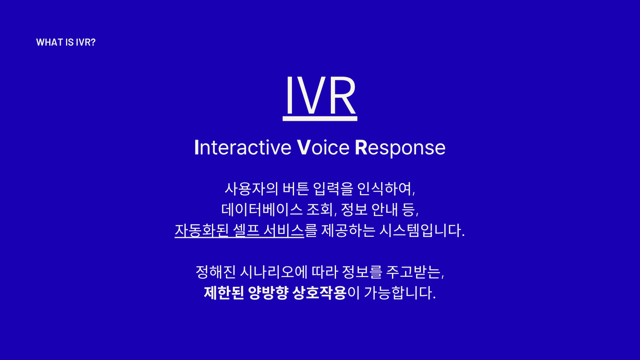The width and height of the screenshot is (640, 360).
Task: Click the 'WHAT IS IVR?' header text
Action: (x=66, y=42)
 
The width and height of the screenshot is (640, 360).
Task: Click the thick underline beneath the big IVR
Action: (x=320, y=118)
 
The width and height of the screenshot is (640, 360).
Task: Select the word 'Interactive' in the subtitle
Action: (x=243, y=148)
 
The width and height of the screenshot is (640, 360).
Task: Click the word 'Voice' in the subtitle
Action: (x=323, y=148)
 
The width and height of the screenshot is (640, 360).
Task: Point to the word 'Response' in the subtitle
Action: (x=400, y=148)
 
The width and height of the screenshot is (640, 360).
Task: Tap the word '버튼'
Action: (x=296, y=188)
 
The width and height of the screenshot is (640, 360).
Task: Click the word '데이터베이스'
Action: (x=262, y=209)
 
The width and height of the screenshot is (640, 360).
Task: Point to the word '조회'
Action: (x=320, y=209)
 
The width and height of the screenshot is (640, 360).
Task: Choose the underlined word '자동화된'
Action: (x=202, y=230)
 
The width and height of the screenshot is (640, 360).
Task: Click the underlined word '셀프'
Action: (x=246, y=230)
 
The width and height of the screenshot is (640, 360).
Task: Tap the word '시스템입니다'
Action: (x=421, y=230)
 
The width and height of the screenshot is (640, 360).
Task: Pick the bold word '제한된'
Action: (x=224, y=293)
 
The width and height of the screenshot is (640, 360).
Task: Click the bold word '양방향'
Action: (x=268, y=293)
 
